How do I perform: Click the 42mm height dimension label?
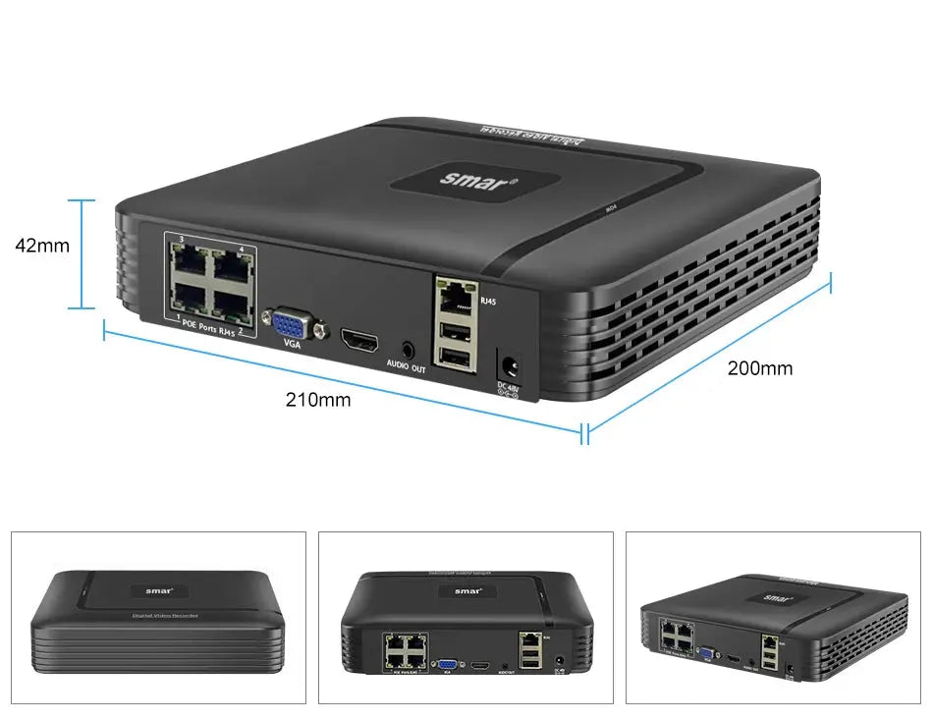coord(42,246)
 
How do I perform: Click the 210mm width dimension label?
coord(317,400)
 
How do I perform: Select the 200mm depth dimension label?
coord(759,368)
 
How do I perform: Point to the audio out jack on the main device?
coord(408,349)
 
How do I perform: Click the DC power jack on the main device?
coord(508,365)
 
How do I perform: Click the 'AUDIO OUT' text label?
coord(405,368)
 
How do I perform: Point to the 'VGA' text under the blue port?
coord(292,344)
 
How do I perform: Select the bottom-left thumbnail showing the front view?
coord(158,617)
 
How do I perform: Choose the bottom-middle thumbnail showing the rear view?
coord(466,617)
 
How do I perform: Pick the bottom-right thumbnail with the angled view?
coord(773,617)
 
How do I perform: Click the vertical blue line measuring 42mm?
coord(82,254)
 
